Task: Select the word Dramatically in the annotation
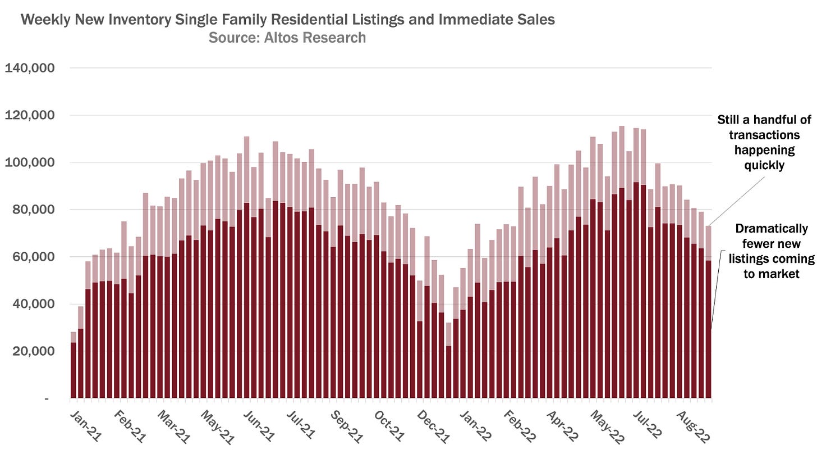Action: [772, 229]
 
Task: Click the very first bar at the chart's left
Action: [74, 371]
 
